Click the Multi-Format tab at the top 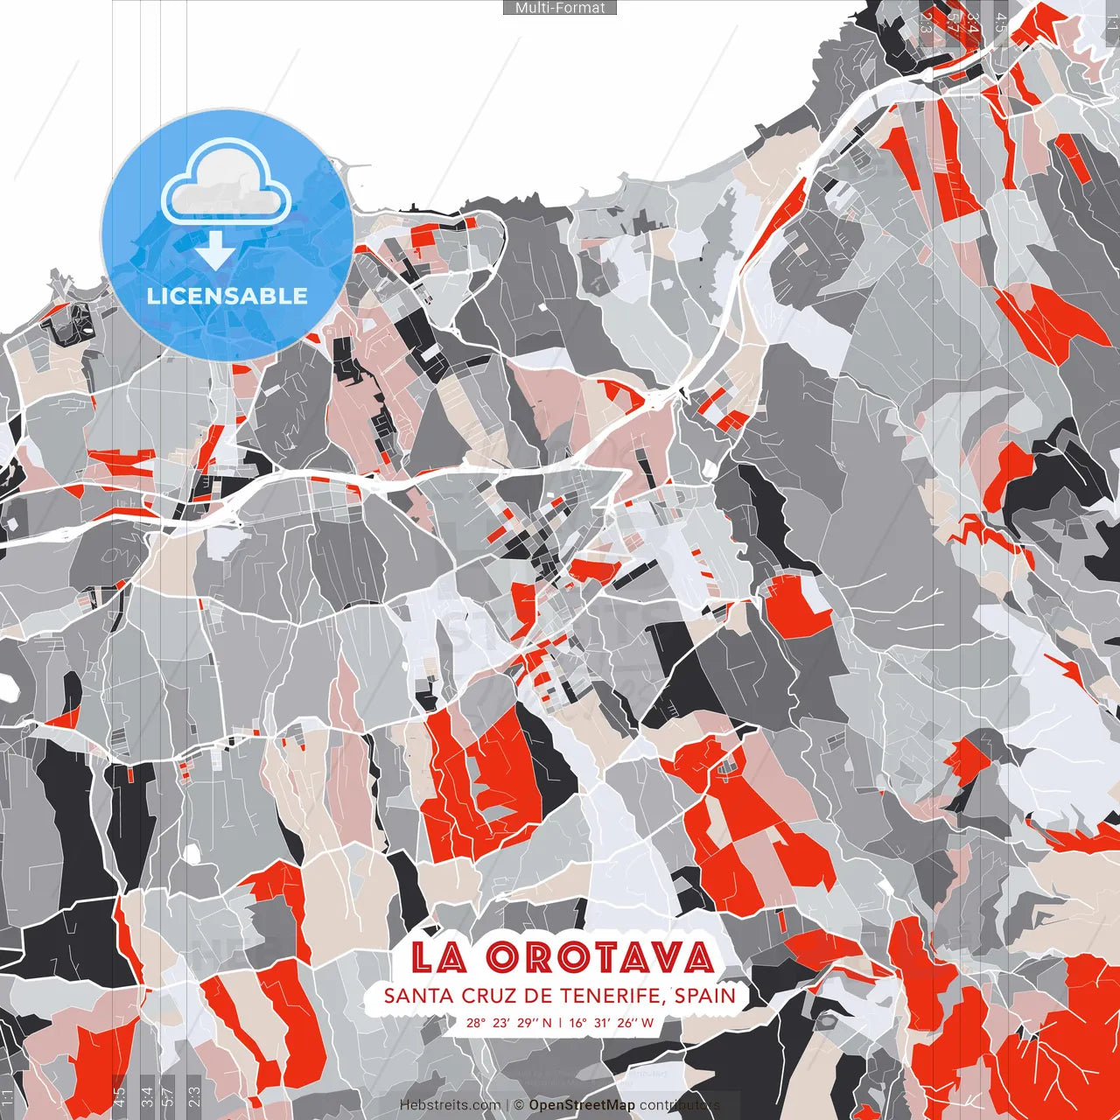point(560,8)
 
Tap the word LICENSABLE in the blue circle point(227,296)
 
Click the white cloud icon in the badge point(226,186)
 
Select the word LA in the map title point(438,957)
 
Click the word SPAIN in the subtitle point(705,996)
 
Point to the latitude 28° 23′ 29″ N point(509,1022)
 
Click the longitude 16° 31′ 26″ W point(612,1022)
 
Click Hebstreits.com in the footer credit point(450,1105)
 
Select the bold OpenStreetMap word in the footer point(581,1105)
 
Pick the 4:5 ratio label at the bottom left point(120,1094)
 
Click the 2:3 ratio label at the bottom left point(194,1094)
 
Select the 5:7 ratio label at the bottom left point(168,1094)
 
